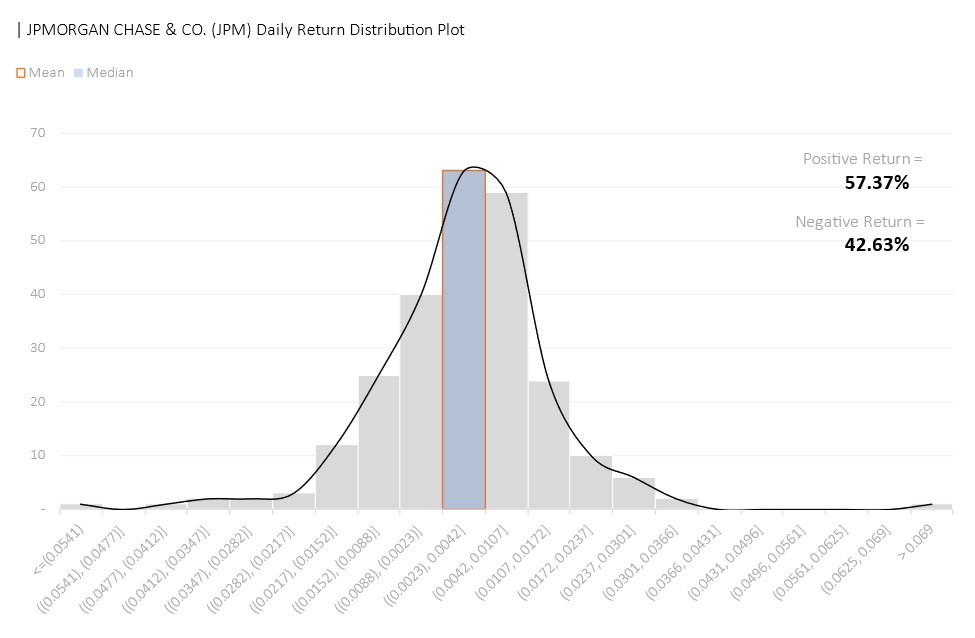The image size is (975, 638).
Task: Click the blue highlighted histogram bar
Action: tap(464, 340)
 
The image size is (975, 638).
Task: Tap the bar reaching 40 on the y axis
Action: tap(421, 401)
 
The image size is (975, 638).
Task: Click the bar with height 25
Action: tap(378, 441)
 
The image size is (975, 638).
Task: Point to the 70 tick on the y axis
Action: tap(38, 133)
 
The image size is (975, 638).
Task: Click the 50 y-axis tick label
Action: tap(38, 241)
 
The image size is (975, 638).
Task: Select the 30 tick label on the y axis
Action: tap(38, 348)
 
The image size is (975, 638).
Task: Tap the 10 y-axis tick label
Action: tap(38, 455)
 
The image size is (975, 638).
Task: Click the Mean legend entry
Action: tap(40, 73)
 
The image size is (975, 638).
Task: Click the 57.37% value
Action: tap(877, 182)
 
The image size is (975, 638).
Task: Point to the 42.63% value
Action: tap(877, 244)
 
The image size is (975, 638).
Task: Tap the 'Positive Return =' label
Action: tap(864, 159)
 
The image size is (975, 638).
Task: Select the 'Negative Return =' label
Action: tap(860, 222)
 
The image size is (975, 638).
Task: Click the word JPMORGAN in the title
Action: tap(63, 29)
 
